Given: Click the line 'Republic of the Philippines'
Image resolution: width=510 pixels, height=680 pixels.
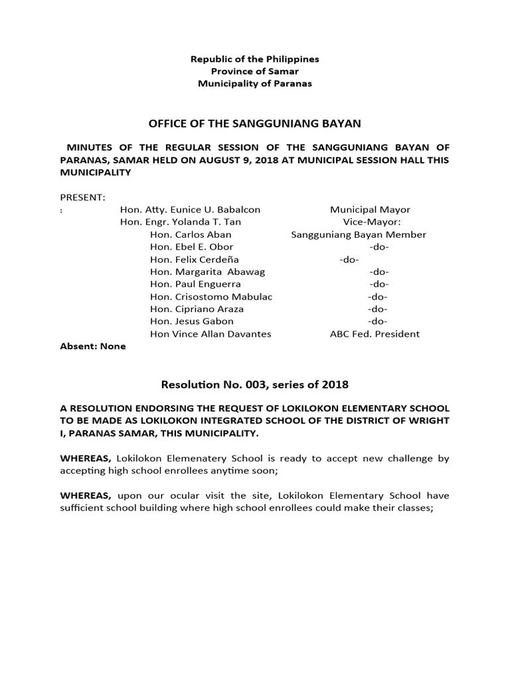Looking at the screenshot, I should [255, 59].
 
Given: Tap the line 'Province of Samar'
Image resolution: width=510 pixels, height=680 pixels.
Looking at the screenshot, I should [255, 71].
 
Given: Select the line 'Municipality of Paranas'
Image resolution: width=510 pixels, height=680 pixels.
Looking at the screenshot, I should [255, 84].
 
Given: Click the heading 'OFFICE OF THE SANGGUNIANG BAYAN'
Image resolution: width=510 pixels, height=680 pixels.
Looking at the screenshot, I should [255, 124].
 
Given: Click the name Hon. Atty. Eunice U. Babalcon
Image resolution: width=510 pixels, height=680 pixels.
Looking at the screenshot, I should [190, 210].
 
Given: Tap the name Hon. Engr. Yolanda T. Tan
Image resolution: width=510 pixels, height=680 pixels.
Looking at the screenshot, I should [181, 222].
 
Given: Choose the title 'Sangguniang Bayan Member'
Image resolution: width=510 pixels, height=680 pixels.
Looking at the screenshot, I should [359, 234].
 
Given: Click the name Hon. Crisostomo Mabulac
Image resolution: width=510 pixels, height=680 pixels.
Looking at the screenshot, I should [211, 297].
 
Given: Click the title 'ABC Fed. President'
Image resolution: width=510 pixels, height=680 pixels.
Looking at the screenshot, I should [375, 334].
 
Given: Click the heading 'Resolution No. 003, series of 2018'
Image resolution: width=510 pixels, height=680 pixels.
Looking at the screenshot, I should [255, 384].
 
